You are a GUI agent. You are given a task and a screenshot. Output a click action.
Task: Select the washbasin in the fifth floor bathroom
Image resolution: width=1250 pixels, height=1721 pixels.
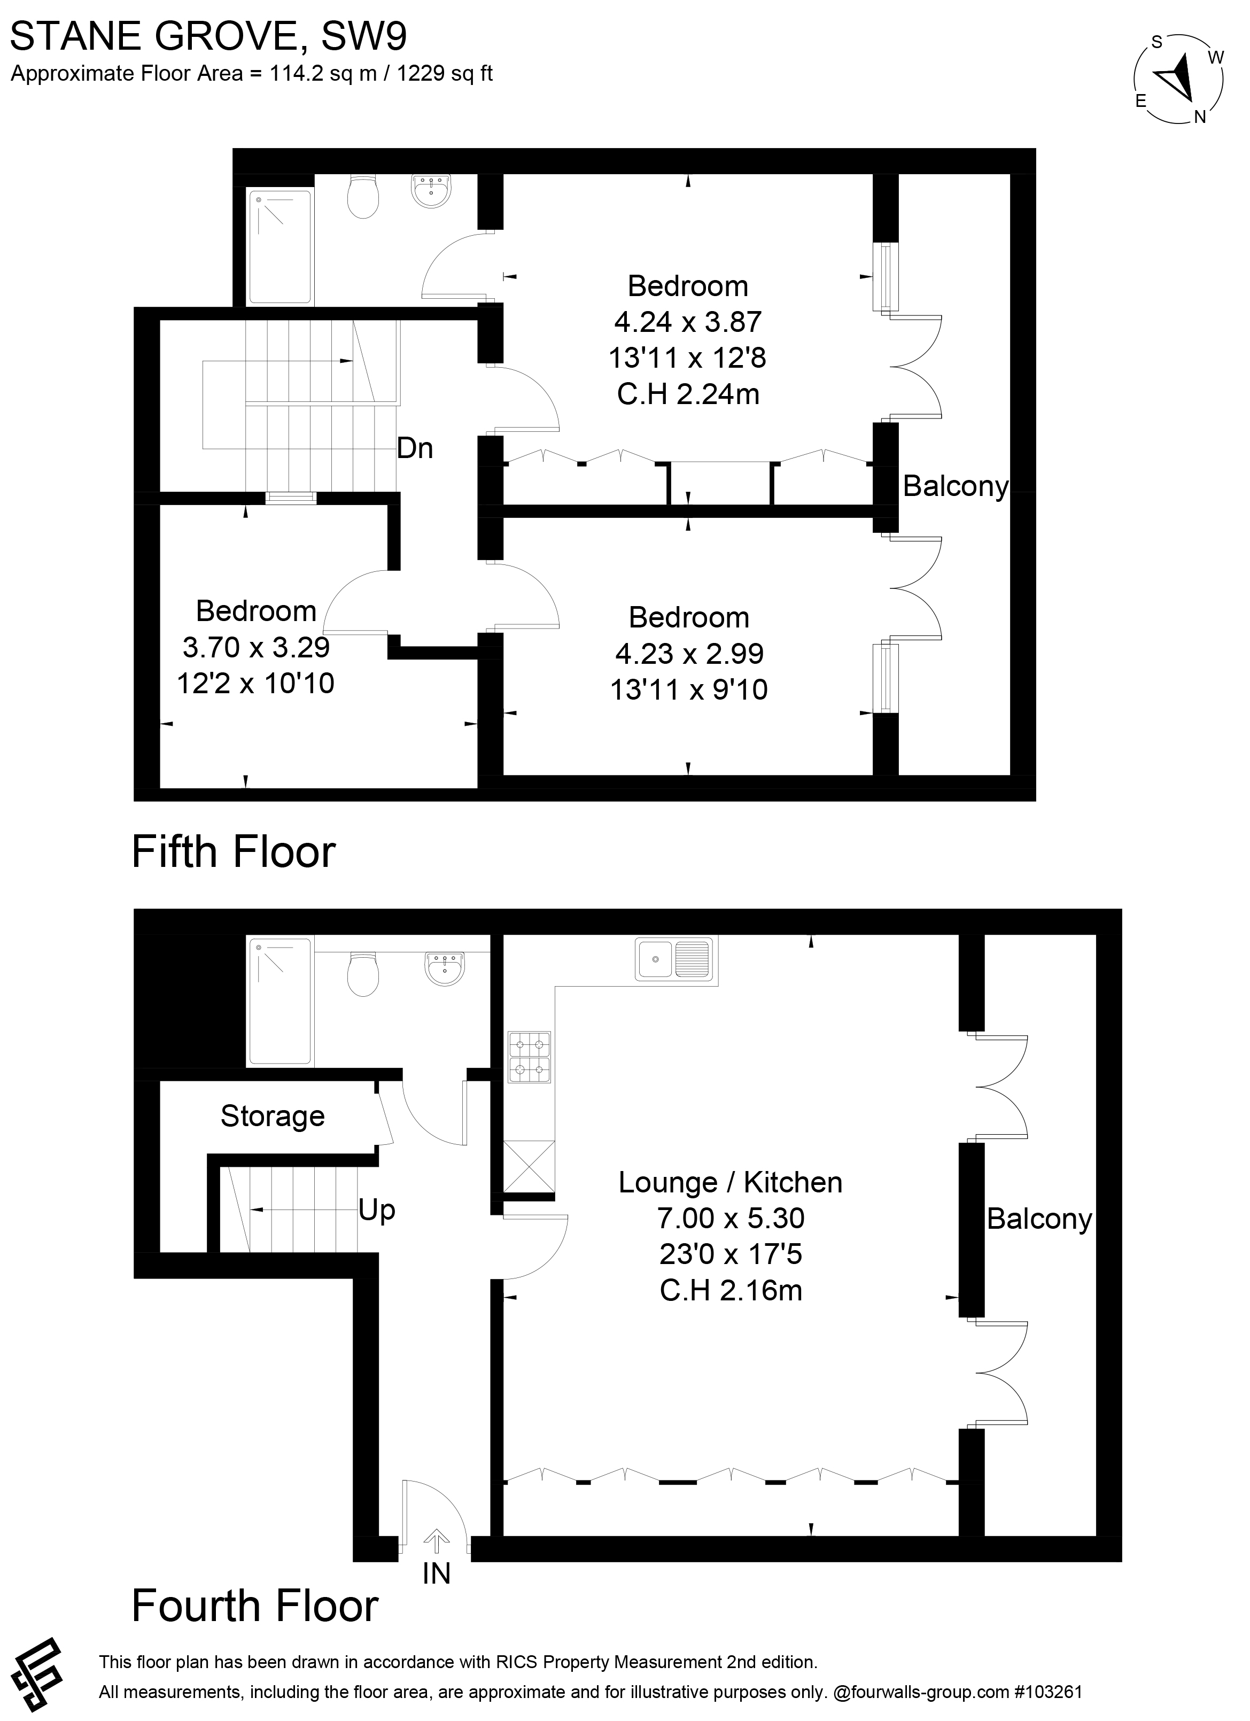click(x=431, y=190)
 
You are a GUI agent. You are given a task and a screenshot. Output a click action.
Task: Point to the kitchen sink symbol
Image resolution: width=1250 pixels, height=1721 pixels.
click(x=674, y=960)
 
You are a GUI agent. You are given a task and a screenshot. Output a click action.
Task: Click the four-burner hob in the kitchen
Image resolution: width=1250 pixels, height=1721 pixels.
click(x=530, y=1057)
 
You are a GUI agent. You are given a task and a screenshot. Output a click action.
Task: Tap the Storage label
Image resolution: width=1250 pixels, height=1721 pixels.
click(x=273, y=1116)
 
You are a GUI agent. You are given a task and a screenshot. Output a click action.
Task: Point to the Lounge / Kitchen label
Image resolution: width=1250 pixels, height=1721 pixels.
click(x=730, y=1182)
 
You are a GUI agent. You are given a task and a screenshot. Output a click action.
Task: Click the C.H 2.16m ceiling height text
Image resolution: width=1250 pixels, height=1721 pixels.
click(x=730, y=1290)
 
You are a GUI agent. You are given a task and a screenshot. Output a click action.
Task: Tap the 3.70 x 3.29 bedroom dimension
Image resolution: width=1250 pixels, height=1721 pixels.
click(x=256, y=647)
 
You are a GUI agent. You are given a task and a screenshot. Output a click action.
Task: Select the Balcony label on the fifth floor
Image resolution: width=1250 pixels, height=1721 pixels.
click(x=955, y=486)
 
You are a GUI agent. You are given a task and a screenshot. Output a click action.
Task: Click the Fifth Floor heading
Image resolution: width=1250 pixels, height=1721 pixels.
click(x=233, y=852)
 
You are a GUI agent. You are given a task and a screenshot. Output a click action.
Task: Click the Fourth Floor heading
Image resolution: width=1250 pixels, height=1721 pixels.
click(x=255, y=1607)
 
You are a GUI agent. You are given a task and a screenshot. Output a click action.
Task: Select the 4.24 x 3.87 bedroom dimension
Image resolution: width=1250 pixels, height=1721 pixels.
click(x=688, y=322)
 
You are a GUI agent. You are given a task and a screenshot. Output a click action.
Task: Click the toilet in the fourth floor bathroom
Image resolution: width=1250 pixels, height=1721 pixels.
click(x=363, y=975)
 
